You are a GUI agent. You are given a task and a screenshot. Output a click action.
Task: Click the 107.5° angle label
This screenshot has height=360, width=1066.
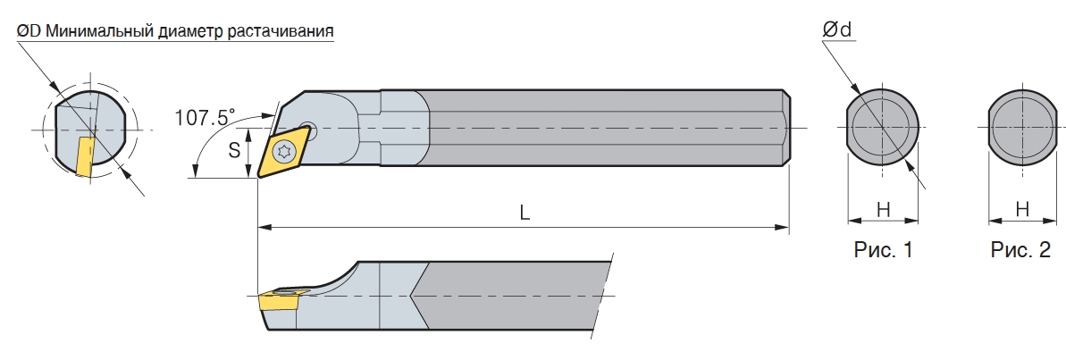tap(204, 117)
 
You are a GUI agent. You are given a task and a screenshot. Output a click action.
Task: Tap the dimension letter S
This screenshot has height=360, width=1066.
tap(234, 150)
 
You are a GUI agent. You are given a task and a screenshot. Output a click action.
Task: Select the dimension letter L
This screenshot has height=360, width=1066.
tap(525, 213)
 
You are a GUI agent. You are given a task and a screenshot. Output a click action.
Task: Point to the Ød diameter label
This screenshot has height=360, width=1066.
tap(837, 29)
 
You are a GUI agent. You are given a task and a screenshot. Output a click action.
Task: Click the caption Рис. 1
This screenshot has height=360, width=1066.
tap(883, 250)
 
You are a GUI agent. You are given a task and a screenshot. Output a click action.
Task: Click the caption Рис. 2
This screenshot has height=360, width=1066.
tap(1021, 250)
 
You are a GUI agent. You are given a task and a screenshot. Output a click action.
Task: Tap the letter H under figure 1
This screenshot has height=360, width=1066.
tap(883, 211)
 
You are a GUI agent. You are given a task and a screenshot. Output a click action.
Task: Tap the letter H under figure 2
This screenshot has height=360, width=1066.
tap(1022, 211)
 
